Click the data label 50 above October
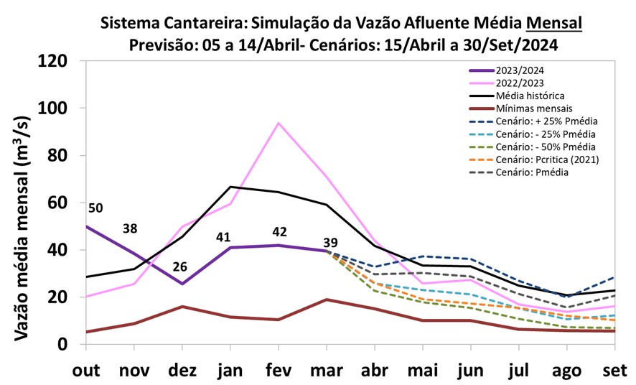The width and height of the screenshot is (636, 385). click(95, 208)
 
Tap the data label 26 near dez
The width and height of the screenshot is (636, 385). click(180, 266)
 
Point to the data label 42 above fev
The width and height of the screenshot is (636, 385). click(279, 231)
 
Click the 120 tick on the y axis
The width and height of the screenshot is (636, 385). click(53, 62)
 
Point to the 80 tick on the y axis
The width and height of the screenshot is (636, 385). click(58, 156)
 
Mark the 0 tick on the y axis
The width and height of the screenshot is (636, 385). click(63, 345)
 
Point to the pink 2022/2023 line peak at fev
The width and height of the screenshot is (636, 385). click(279, 123)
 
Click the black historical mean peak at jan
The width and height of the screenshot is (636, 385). click(230, 187)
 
